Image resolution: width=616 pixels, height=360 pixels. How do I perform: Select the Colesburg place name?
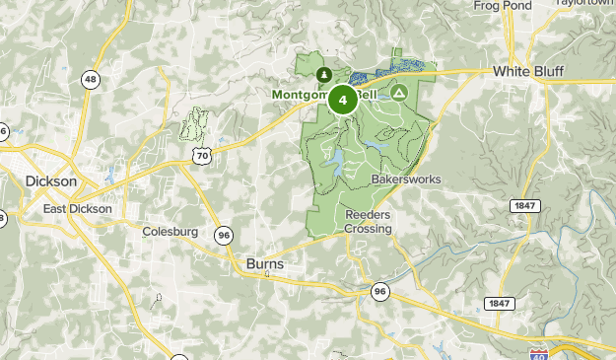[171, 233]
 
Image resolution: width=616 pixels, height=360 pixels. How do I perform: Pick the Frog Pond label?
[502, 6]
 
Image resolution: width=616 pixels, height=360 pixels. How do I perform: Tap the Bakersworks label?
[406, 180]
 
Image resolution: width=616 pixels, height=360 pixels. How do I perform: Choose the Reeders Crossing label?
[368, 222]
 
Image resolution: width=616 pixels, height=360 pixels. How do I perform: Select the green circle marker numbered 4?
[342, 100]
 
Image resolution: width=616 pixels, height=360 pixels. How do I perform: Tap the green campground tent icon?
[398, 93]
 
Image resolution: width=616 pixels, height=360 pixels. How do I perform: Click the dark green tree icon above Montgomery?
[323, 74]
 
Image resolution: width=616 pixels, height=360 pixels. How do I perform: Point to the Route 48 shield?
[91, 80]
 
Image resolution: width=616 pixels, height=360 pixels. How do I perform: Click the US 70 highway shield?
[201, 155]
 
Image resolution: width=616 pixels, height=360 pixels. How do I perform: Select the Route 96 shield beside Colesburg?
[226, 235]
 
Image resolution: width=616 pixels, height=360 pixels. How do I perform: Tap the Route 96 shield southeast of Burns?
[380, 291]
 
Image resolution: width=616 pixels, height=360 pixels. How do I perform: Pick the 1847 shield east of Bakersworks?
[524, 205]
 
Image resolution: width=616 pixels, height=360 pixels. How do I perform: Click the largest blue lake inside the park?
[336, 160]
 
